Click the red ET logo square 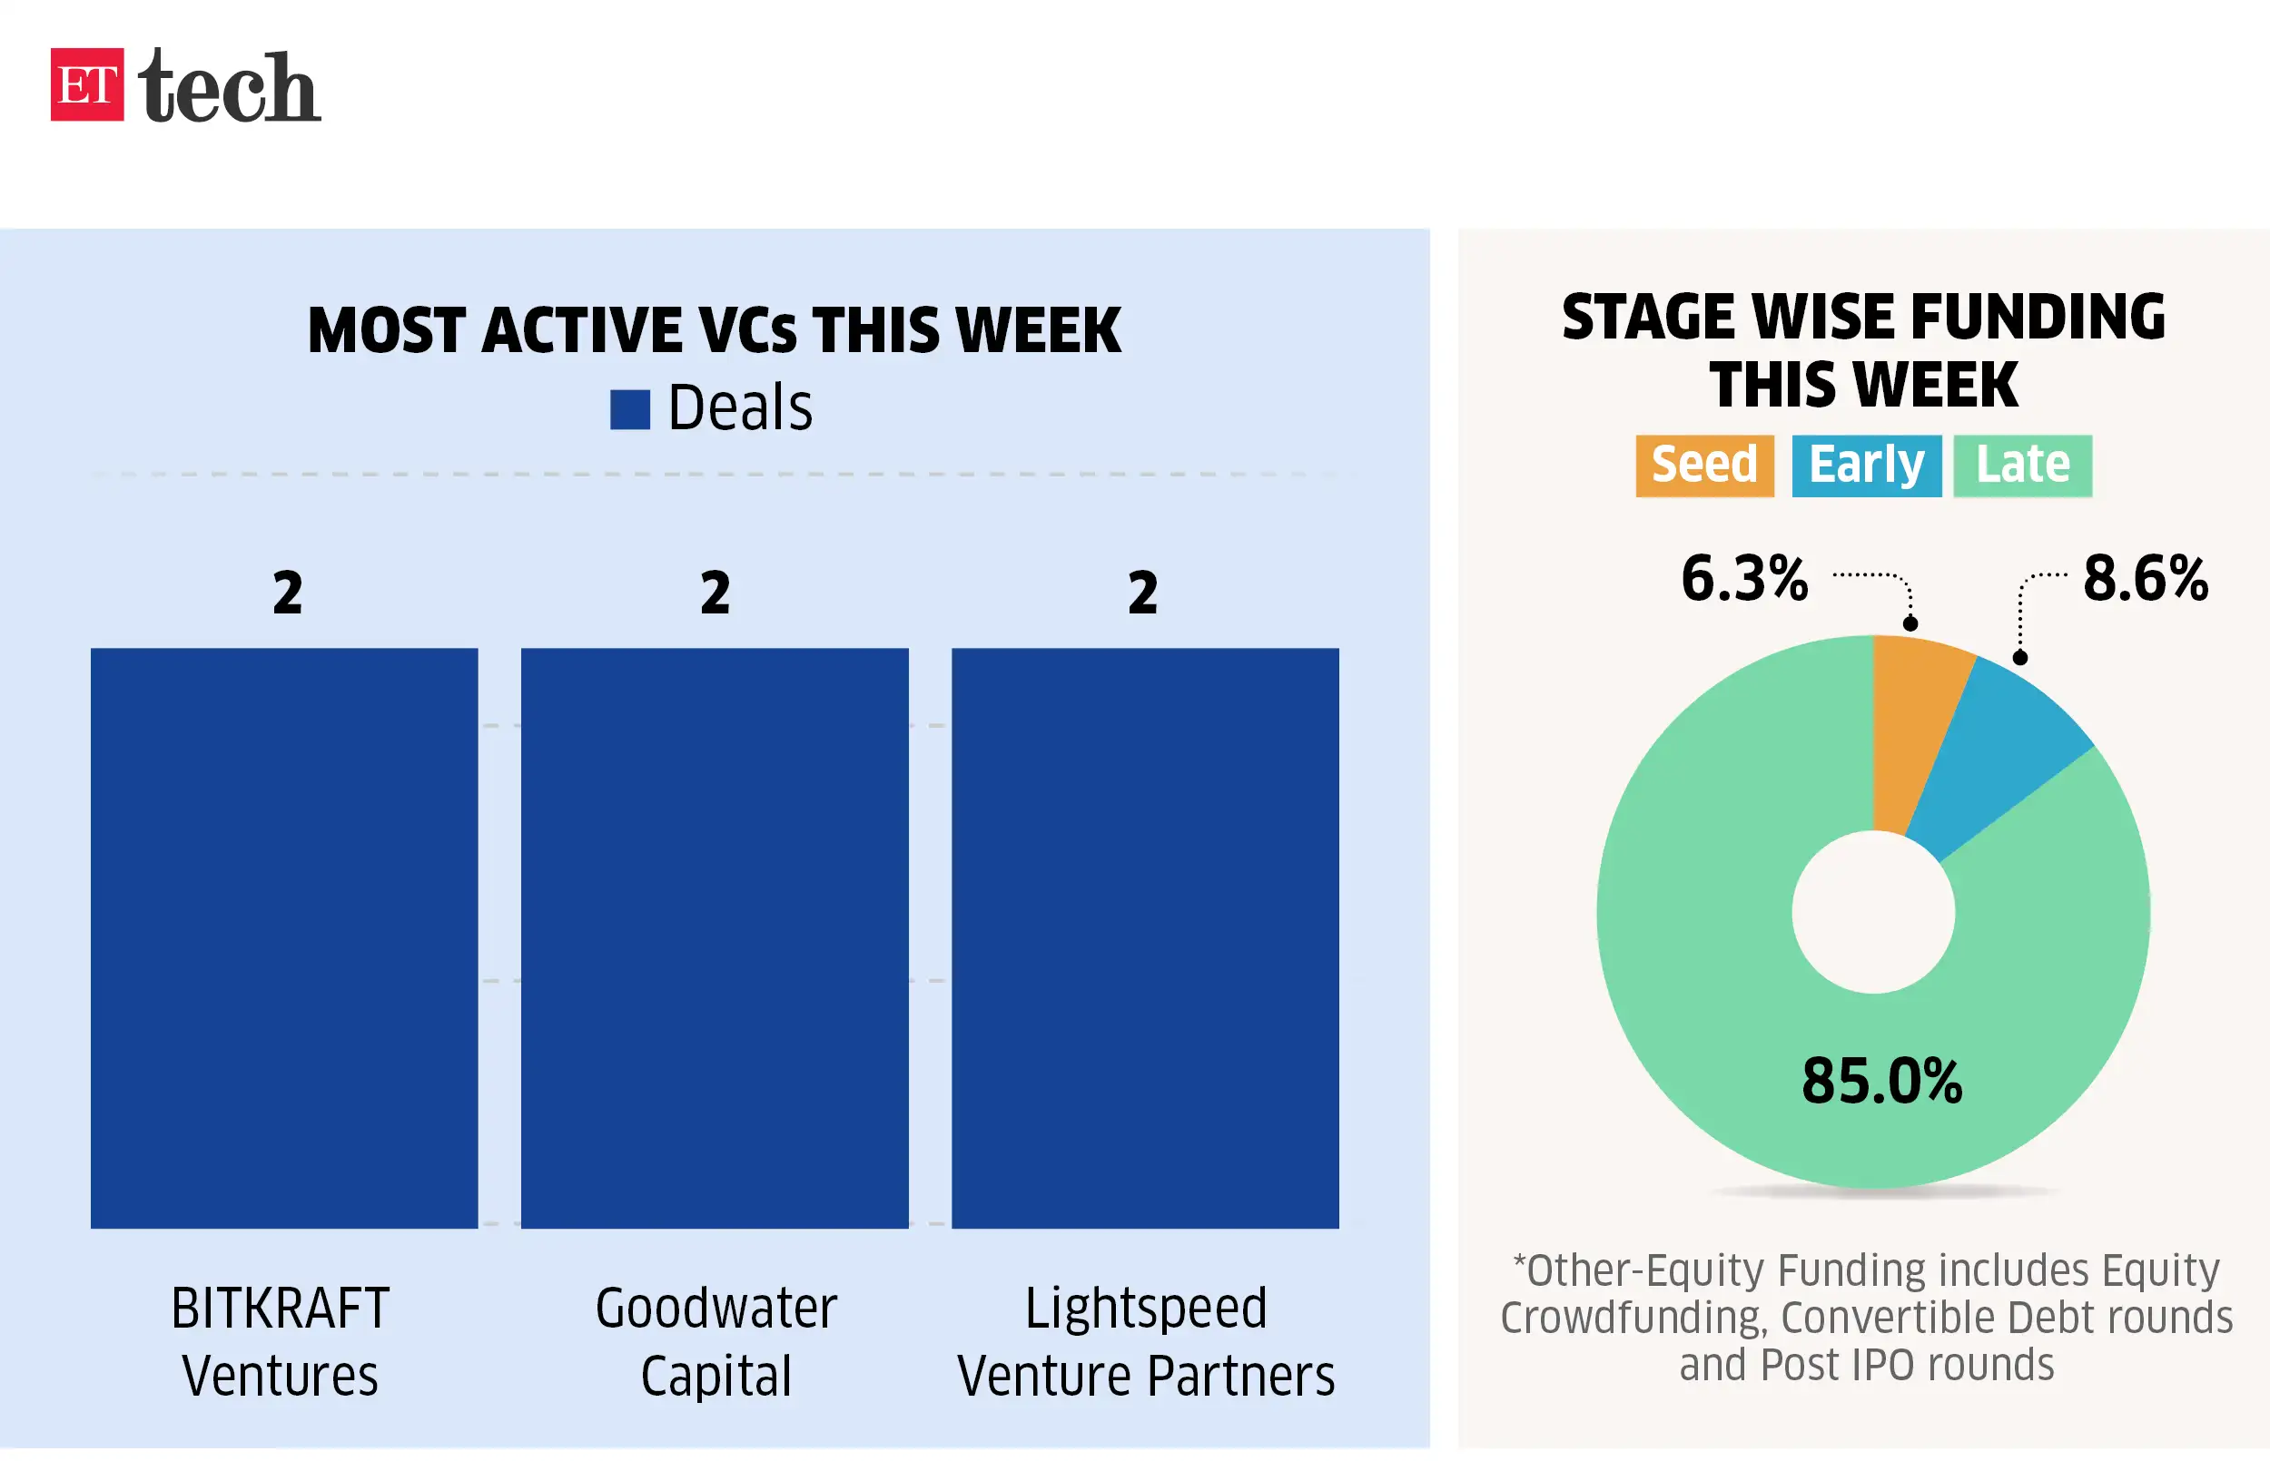pyautogui.click(x=86, y=84)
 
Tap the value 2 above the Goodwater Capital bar pyautogui.click(x=716, y=593)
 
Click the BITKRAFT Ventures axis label pyautogui.click(x=280, y=1341)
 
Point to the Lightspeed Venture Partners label pyautogui.click(x=1145, y=1341)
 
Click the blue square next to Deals pyautogui.click(x=629, y=410)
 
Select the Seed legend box pyautogui.click(x=1704, y=465)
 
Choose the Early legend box pyautogui.click(x=1866, y=465)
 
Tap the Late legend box pyautogui.click(x=2022, y=465)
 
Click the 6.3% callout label pyautogui.click(x=1744, y=578)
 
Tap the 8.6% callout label pyautogui.click(x=2145, y=578)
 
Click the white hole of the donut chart pyautogui.click(x=1873, y=912)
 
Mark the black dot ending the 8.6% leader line pyautogui.click(x=2019, y=657)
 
